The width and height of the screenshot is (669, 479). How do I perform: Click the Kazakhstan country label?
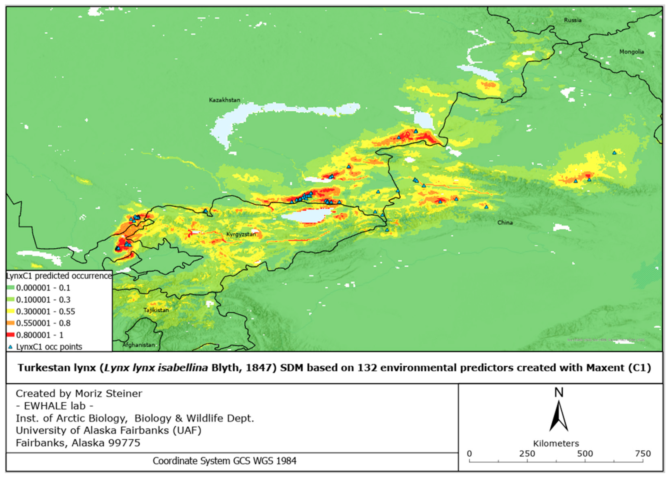coord(224,100)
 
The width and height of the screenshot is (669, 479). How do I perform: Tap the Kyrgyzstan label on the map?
coord(241,234)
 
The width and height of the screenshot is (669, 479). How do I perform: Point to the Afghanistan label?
coord(138,345)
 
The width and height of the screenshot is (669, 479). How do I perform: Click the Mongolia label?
coord(631,52)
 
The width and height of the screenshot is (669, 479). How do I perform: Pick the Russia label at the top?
coord(573,20)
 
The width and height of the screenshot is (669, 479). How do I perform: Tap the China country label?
coord(505,223)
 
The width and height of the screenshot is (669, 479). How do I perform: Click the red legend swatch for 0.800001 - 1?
coord(11,335)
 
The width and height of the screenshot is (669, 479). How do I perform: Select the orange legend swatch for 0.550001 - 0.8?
coord(11,323)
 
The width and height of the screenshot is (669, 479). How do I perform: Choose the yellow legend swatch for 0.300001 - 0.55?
coord(11,311)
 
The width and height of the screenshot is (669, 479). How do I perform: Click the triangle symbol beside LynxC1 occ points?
coord(11,347)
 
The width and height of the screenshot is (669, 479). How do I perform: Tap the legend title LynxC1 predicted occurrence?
coord(59,276)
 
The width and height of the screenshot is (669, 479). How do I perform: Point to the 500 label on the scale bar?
coord(585,454)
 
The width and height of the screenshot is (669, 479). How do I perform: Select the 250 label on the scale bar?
coord(527,454)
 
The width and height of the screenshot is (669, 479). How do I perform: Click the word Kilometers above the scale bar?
coord(556,443)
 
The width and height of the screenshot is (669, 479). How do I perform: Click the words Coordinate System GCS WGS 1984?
coord(224,461)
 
